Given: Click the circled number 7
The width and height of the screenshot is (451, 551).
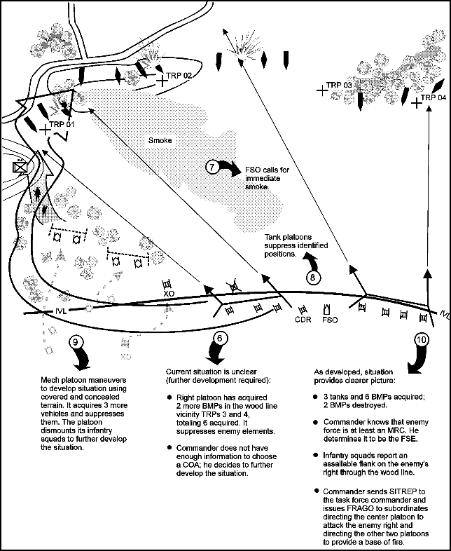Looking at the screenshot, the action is click(212, 167).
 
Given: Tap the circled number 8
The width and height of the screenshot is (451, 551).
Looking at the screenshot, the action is click(313, 278).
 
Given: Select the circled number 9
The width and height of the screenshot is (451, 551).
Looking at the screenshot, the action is click(76, 341).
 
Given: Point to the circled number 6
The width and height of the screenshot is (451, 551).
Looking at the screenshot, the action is click(220, 338).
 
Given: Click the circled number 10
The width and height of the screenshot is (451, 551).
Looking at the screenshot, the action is click(422, 339).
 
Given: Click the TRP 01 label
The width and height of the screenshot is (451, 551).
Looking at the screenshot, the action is click(62, 124).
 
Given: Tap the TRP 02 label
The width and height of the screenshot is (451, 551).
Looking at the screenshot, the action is click(179, 76).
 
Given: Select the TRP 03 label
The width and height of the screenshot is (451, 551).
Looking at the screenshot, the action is click(339, 85).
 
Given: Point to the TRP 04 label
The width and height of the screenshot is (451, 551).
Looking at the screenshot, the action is click(433, 97).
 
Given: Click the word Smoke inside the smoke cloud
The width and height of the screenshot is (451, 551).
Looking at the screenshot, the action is click(160, 141).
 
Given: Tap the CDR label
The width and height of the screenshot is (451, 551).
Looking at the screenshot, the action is click(303, 320).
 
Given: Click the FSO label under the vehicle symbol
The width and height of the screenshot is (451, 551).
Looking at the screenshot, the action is click(330, 320).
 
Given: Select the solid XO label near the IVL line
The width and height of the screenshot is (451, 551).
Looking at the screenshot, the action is click(169, 294).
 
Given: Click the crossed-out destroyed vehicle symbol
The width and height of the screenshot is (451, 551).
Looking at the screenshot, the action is click(233, 287).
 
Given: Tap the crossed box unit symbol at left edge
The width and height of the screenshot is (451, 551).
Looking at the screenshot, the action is click(20, 167).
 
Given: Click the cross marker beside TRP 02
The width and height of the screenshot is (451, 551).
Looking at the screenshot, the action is click(162, 81).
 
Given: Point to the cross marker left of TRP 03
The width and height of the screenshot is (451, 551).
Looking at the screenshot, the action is click(322, 91).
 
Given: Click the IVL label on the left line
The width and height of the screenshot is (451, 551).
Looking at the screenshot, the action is click(61, 311).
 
